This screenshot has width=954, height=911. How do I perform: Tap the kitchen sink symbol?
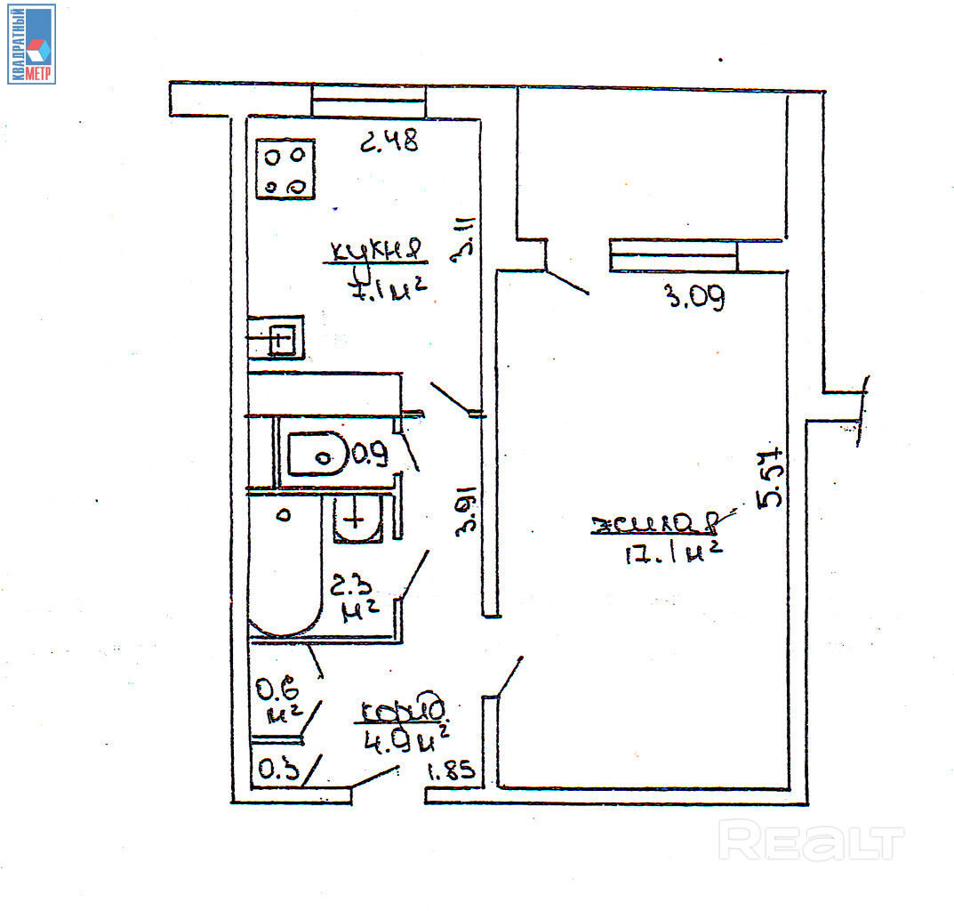281,338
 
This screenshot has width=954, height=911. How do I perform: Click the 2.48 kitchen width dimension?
389,141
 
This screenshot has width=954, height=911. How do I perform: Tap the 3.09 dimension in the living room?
696,298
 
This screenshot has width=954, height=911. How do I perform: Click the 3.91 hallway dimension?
468,509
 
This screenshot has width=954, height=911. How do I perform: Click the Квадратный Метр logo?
32,44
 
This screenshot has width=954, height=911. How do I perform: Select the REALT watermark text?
810,840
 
